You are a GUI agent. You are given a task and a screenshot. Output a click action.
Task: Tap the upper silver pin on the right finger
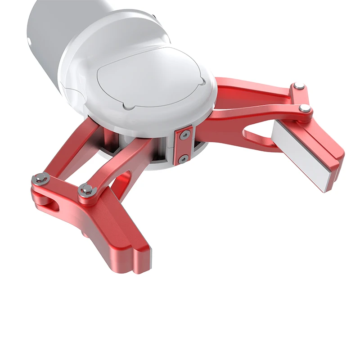[x=298, y=86]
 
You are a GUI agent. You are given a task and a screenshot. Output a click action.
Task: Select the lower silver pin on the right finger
[x=306, y=108]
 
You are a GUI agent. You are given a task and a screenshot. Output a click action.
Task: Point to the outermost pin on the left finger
[x=40, y=179]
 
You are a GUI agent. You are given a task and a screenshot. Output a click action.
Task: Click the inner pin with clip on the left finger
[x=85, y=190]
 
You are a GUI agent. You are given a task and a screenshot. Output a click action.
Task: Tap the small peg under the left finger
[x=85, y=234]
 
